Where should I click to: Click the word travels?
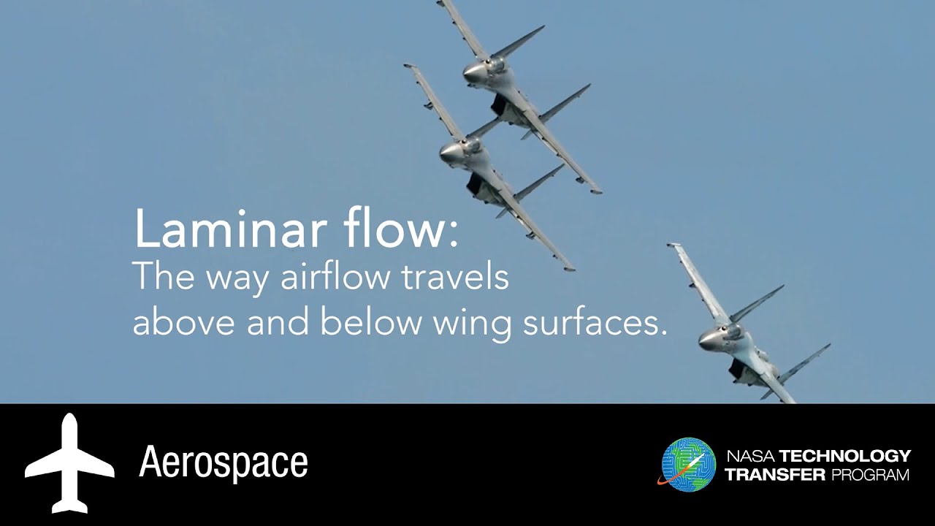coord(454,279)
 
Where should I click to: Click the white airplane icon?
coord(69,463)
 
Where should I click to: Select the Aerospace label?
coord(224,462)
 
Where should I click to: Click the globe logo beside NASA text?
coord(687,465)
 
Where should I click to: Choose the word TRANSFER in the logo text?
coord(774,475)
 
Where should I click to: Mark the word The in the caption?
coord(156,278)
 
